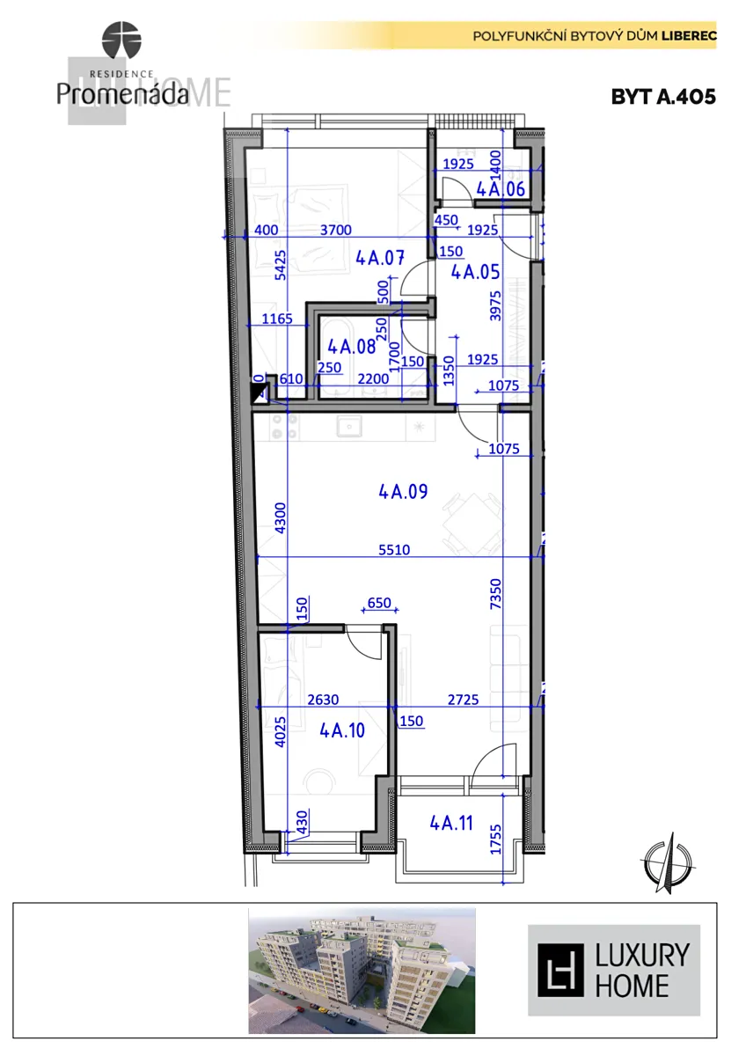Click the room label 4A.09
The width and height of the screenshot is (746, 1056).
click(403, 492)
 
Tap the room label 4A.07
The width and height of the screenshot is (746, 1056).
click(380, 258)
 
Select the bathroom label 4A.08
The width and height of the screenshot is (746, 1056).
click(352, 347)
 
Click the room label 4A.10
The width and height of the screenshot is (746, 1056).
click(342, 730)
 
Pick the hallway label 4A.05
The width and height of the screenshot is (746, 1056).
click(476, 272)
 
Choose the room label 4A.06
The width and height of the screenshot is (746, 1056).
click(501, 189)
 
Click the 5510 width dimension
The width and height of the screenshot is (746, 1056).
click(394, 550)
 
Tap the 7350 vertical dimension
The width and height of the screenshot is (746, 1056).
click(495, 594)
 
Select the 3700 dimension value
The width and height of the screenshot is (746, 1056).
click(336, 230)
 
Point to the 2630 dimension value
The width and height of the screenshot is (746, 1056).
click(323, 699)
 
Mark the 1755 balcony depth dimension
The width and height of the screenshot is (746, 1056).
click(495, 840)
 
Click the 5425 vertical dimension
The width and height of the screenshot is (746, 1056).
click(280, 265)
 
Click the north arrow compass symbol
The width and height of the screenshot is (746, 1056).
click(668, 862)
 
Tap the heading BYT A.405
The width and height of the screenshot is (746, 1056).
click(663, 97)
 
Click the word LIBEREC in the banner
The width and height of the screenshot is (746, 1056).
click(689, 36)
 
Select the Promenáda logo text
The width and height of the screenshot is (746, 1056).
click(122, 94)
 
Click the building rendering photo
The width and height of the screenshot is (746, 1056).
click(362, 971)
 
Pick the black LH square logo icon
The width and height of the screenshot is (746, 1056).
click(560, 971)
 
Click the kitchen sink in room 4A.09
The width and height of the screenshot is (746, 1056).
click(348, 427)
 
